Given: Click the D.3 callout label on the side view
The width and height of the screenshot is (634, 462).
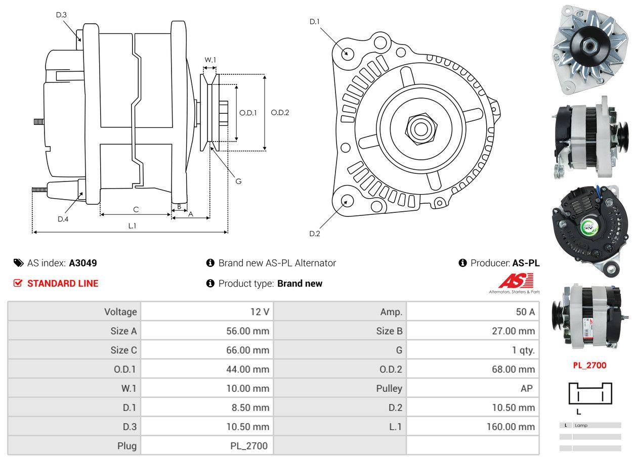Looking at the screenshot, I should pos(61,15).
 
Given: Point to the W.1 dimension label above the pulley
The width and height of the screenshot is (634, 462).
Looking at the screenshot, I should pos(210,60).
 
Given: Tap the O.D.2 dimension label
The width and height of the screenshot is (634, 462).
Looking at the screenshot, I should pos(280,112).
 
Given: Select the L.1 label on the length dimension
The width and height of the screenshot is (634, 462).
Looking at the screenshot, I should pos(132,226).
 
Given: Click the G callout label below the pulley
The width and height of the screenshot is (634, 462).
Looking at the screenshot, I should pos(239,181).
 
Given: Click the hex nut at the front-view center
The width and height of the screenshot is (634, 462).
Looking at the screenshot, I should pos(419,128).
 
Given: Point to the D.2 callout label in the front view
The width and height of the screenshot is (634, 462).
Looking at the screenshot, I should pos(315,234).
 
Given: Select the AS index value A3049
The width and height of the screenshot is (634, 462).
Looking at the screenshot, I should pos(83,263).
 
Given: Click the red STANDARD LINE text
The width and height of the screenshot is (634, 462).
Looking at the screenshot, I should pos(63,284).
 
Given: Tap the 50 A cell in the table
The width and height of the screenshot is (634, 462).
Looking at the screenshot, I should pos(525,312).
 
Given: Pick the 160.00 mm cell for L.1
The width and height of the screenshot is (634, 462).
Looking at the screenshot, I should pos(511,427).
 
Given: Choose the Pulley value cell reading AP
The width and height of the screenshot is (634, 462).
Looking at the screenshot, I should pos(526,388).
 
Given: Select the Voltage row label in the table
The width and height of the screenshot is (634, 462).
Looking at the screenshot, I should pos(120,312).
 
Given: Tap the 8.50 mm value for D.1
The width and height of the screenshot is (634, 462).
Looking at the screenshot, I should pos(248,407).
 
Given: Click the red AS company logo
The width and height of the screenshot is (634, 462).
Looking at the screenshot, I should pos(516,282).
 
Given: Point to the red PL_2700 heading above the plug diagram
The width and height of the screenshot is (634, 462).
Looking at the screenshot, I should pos(589,365).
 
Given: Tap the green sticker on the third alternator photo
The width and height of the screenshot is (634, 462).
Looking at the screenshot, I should pos(590,226).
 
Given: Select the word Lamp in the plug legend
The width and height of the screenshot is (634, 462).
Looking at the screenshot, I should pos(581,425).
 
